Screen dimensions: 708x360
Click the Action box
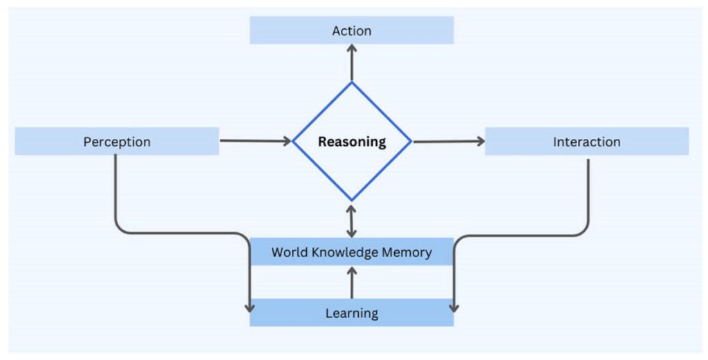click(x=352, y=30)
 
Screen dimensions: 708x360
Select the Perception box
click(x=117, y=141)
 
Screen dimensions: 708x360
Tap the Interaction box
click(x=587, y=141)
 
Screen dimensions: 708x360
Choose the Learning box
click(x=352, y=312)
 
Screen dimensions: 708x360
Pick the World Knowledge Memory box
click(x=352, y=252)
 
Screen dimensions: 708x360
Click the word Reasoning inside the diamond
click(x=352, y=142)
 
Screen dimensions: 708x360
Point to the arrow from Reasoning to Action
click(x=352, y=63)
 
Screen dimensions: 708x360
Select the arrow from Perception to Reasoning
click(x=256, y=141)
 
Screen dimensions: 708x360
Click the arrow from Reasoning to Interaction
click(x=449, y=142)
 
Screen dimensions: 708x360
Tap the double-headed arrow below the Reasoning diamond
click(x=352, y=221)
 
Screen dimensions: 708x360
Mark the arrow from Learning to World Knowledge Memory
click(x=352, y=283)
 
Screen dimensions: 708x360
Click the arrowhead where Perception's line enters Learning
click(x=249, y=309)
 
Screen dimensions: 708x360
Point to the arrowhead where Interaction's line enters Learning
click(x=454, y=309)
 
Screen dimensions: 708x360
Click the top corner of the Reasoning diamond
click(x=352, y=82)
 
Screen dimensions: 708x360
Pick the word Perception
click(x=117, y=142)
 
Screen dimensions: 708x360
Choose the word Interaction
click(x=587, y=142)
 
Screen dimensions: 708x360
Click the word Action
click(x=352, y=30)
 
